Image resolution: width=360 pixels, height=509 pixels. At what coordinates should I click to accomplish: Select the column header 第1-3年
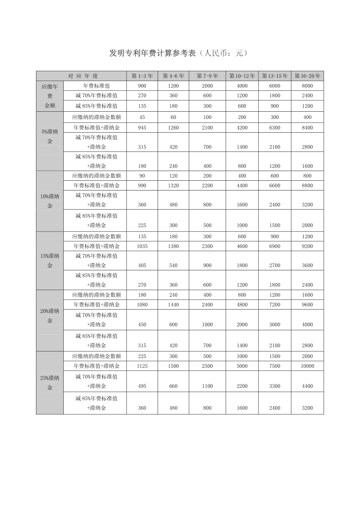click(x=142, y=76)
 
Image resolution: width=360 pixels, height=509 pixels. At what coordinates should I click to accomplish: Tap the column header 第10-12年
click(x=242, y=76)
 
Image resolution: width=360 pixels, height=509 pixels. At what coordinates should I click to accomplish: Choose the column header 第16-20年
click(x=307, y=76)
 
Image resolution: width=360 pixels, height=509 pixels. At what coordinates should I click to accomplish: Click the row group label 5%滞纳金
click(x=50, y=137)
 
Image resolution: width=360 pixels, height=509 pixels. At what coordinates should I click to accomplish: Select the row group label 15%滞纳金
click(x=50, y=261)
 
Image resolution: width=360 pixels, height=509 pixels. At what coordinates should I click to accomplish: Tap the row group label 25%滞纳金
click(x=50, y=383)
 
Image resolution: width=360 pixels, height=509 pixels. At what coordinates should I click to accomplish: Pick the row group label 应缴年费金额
click(x=50, y=96)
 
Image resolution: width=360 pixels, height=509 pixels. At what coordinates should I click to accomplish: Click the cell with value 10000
click(x=307, y=366)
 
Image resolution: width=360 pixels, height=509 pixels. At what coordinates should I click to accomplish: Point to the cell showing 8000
click(x=307, y=86)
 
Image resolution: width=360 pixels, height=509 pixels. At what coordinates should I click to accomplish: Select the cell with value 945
click(x=142, y=128)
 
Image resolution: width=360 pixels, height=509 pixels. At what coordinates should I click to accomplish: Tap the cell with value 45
click(x=142, y=117)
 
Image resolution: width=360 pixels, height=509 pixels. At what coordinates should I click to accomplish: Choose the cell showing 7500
click(x=275, y=366)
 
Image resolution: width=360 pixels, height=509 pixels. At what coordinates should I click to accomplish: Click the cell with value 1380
click(x=173, y=247)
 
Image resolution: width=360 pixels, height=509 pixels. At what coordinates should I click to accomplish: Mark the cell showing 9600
click(x=307, y=305)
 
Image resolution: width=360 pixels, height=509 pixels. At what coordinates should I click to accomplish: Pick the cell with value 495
click(x=142, y=386)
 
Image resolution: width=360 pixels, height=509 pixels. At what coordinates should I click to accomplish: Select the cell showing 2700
click(x=275, y=265)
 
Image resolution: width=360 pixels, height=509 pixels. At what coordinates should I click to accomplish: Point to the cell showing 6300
click(x=275, y=128)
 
